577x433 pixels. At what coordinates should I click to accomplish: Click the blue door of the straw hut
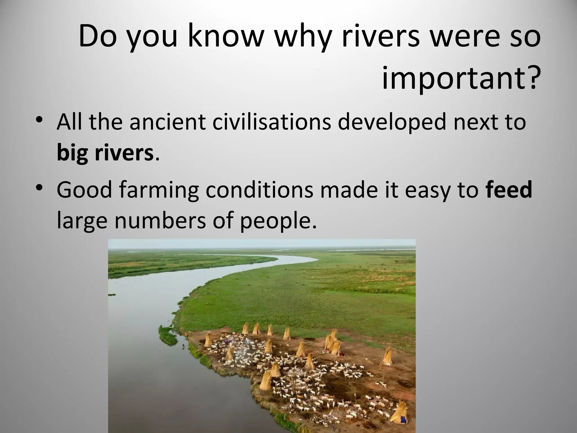(x=404, y=419)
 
